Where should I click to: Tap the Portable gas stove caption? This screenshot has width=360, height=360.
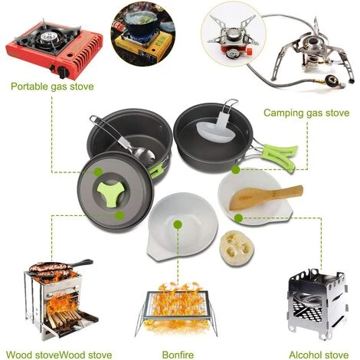(x=53, y=87)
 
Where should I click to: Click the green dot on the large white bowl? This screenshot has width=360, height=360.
(x=178, y=224)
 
